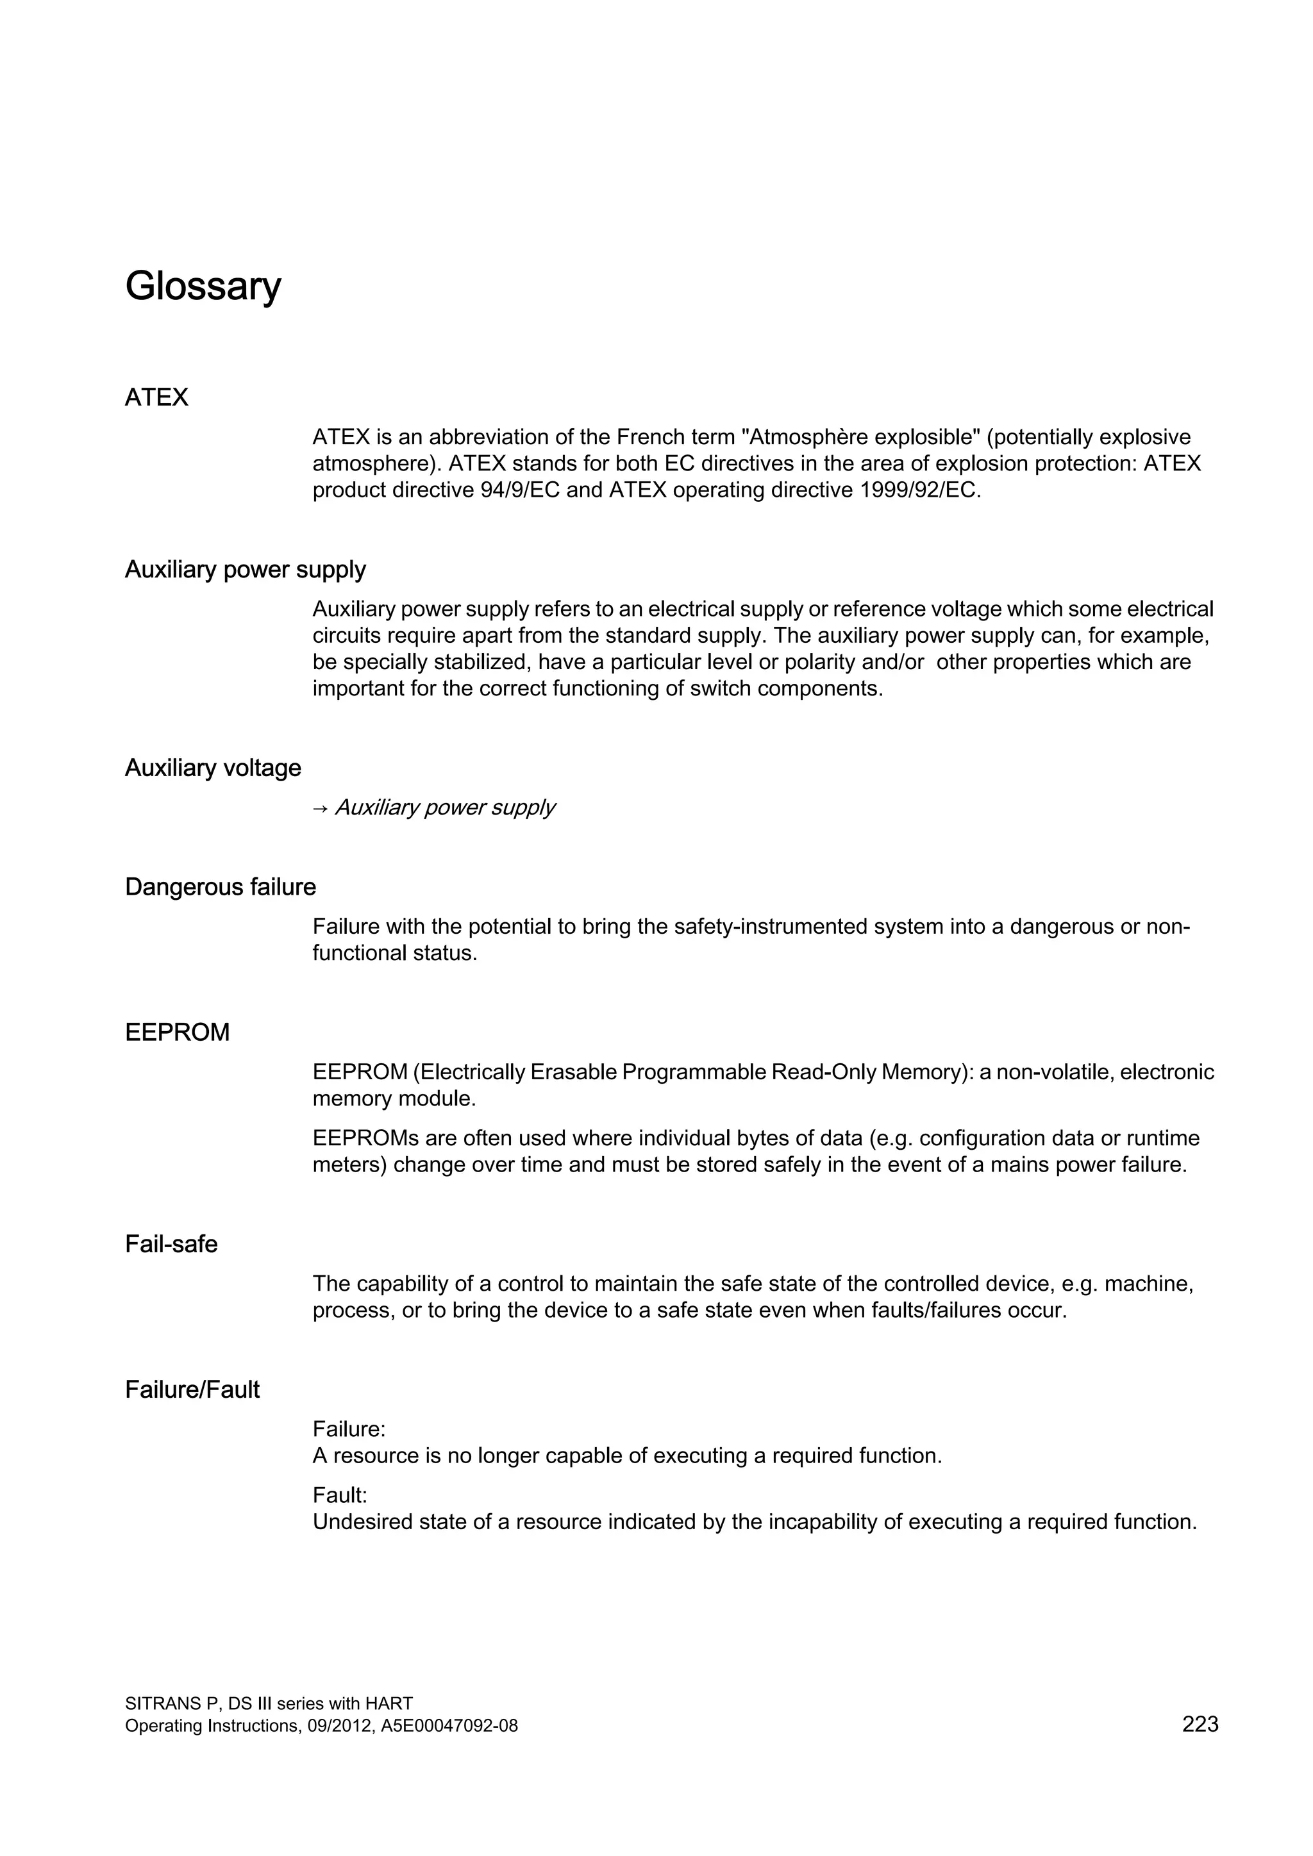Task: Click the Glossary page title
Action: pos(203,286)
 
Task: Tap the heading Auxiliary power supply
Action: pos(245,570)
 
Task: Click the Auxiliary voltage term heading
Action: pos(213,768)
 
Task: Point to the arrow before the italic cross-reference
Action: pos(319,808)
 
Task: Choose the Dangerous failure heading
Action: pos(220,888)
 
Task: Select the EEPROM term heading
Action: pos(177,1033)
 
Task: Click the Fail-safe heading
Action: pos(171,1244)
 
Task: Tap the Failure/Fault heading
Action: pos(192,1390)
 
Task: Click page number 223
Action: pos(1200,1725)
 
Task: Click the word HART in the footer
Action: pos(389,1704)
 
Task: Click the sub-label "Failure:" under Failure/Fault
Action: pos(349,1430)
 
